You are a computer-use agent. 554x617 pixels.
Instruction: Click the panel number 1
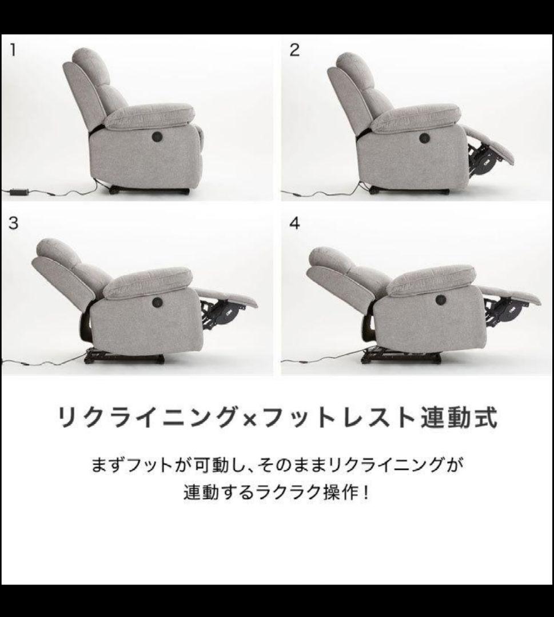coord(13,50)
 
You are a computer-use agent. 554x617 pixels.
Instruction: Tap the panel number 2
coord(294,50)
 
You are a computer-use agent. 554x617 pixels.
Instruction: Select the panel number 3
coord(13,223)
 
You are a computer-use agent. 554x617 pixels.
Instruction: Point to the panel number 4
coord(294,223)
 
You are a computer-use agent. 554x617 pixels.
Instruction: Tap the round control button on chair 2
coord(424,138)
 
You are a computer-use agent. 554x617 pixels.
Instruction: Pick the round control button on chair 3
coord(156,302)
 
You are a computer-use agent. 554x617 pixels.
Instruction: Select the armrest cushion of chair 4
coord(431,279)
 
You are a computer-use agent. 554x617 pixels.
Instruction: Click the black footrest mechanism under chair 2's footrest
coord(485,161)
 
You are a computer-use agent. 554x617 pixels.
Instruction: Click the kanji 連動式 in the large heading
coord(459,418)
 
